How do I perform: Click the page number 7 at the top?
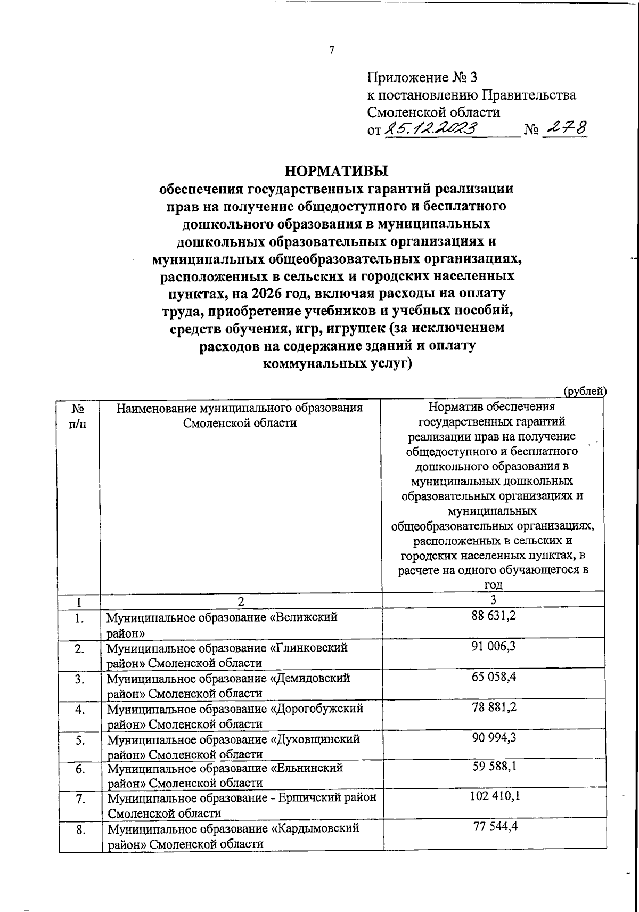pyautogui.click(x=331, y=51)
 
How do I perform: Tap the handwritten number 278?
pyautogui.click(x=566, y=128)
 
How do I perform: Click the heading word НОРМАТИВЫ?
pyautogui.click(x=337, y=171)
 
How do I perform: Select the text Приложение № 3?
pyautogui.click(x=422, y=78)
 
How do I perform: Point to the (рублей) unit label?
pyautogui.click(x=585, y=391)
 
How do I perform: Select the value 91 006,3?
pyautogui.click(x=494, y=646)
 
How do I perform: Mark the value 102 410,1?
pyautogui.click(x=494, y=797)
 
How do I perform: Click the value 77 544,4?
pyautogui.click(x=494, y=827)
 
